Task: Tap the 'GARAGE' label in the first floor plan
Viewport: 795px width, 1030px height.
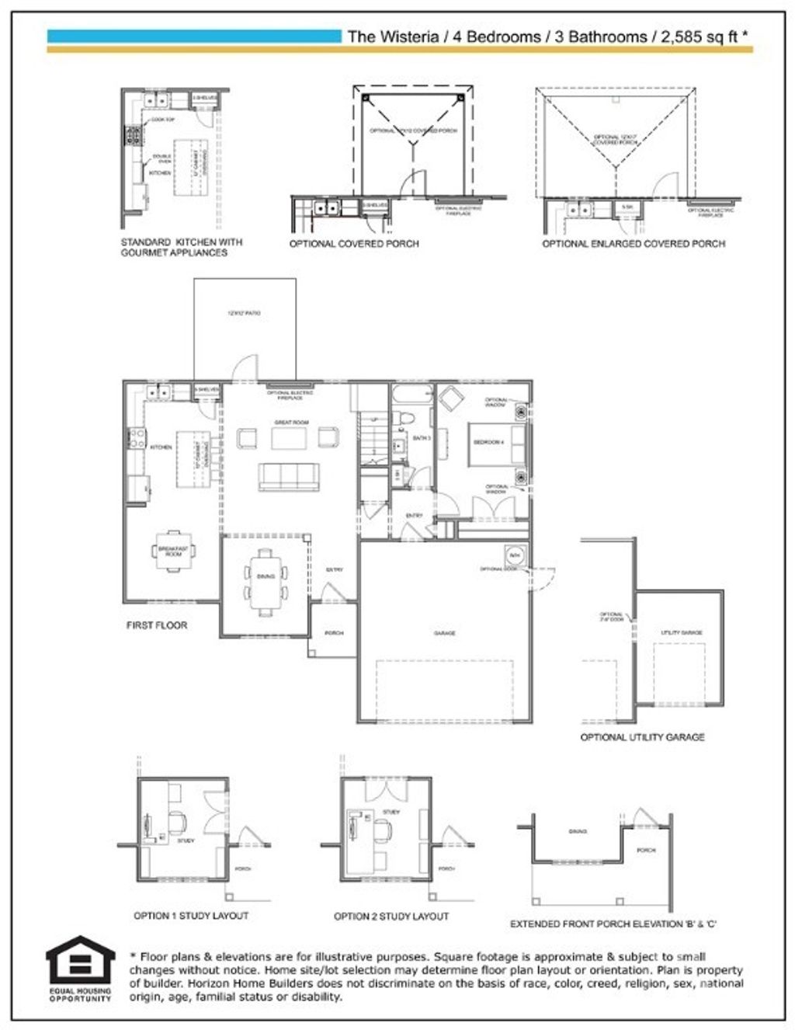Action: click(445, 633)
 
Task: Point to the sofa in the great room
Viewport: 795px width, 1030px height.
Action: click(288, 476)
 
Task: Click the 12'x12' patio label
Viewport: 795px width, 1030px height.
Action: click(244, 313)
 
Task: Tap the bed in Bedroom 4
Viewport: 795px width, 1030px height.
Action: click(498, 443)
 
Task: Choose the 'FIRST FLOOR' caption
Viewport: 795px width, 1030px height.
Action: click(157, 625)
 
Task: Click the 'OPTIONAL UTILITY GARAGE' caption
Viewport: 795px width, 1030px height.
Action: click(642, 736)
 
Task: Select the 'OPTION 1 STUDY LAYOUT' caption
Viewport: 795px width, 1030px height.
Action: click(191, 916)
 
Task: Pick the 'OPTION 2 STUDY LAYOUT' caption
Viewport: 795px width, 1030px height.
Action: click(391, 917)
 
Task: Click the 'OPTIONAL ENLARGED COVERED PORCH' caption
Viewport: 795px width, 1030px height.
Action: click(634, 244)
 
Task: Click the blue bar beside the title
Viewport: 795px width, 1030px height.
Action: click(194, 36)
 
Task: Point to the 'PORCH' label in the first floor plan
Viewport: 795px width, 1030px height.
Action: click(334, 633)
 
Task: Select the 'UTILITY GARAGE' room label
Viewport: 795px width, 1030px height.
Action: click(682, 633)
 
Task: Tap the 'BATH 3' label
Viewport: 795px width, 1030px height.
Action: click(422, 439)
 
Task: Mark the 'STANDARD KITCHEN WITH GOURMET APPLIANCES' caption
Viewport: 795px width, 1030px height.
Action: click(182, 247)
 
